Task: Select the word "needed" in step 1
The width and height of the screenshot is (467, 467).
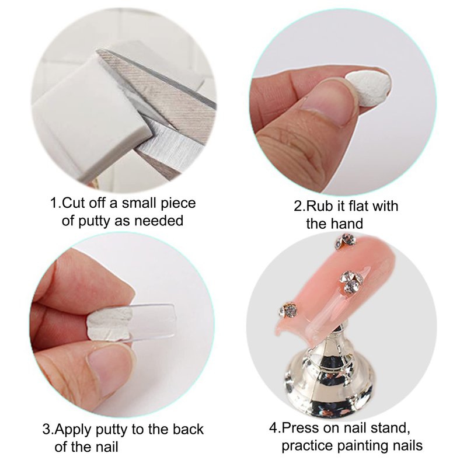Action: (x=159, y=221)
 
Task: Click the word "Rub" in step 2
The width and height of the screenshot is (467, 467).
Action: (x=318, y=206)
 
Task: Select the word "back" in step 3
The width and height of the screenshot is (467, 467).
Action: (x=188, y=429)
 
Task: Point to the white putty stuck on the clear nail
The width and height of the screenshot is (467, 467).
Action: (x=110, y=324)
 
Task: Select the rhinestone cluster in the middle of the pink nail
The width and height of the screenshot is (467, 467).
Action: (x=351, y=282)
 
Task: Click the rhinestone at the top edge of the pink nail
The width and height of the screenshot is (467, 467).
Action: (x=346, y=241)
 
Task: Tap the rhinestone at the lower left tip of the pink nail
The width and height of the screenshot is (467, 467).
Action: (x=288, y=310)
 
